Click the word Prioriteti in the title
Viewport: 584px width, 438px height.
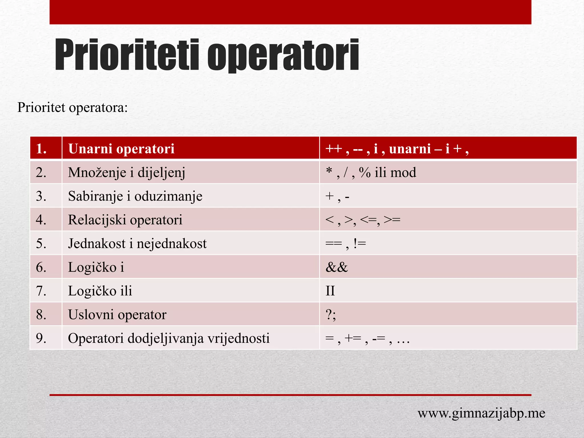point(127,55)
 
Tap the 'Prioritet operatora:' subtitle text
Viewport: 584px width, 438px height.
point(72,108)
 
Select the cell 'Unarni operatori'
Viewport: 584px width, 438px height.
point(121,149)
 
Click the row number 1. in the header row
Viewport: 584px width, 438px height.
point(42,149)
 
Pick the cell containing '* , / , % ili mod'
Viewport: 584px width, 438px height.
point(371,173)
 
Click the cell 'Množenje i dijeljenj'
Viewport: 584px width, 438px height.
point(127,173)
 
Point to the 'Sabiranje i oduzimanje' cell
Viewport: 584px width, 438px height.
point(135,196)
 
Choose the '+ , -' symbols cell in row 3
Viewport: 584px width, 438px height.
point(337,196)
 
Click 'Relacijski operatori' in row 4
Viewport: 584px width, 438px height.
point(125,220)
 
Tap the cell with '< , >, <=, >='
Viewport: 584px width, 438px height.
point(363,220)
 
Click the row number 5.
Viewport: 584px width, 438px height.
point(41,244)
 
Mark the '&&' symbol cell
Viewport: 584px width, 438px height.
point(337,267)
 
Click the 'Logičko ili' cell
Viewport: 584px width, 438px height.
point(100,291)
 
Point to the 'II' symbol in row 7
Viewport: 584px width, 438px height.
point(330,291)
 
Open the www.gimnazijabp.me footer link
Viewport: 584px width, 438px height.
point(481,413)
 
